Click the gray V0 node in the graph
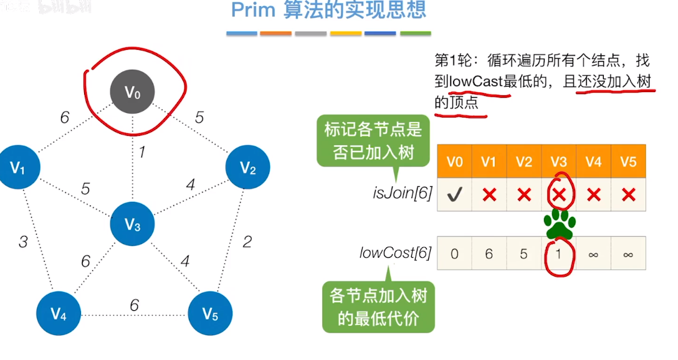(x=133, y=93)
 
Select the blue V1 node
(x=18, y=167)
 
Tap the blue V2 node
(x=247, y=167)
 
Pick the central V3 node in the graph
(x=132, y=224)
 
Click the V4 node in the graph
(x=58, y=314)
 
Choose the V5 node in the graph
(x=210, y=314)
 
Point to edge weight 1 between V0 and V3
(x=142, y=151)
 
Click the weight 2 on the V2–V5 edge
(x=247, y=242)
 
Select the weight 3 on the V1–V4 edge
(x=23, y=242)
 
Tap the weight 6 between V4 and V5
(x=134, y=305)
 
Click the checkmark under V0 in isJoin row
(x=454, y=195)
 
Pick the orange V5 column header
(x=628, y=162)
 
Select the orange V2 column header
(x=524, y=162)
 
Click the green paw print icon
(x=560, y=224)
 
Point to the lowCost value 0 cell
(x=454, y=253)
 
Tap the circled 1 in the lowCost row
(x=559, y=254)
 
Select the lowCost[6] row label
(x=396, y=253)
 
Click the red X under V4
(x=594, y=195)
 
